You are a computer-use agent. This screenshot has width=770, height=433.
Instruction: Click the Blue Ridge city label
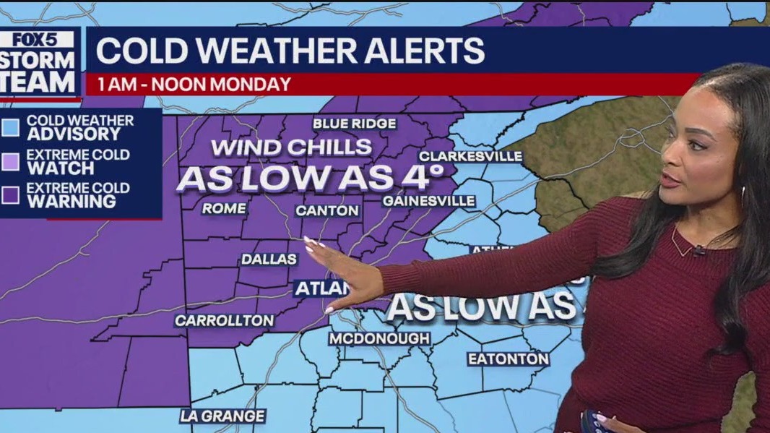click(354, 124)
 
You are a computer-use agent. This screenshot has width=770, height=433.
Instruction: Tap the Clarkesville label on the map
click(470, 156)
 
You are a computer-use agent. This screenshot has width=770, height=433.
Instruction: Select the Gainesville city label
click(428, 200)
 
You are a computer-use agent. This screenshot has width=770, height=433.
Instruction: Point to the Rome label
click(224, 209)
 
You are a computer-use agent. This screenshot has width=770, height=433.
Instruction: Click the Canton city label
click(327, 210)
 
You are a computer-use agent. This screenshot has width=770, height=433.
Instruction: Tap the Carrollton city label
click(225, 320)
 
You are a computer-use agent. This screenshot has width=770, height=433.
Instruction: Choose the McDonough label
click(379, 338)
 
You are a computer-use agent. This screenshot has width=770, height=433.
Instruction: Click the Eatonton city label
click(508, 359)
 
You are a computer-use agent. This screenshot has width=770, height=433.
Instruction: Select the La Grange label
click(222, 416)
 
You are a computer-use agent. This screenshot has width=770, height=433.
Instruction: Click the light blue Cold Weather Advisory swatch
click(11, 128)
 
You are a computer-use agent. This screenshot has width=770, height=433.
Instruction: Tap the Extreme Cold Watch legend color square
click(11, 162)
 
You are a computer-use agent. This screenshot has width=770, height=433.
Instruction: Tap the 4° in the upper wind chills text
click(421, 176)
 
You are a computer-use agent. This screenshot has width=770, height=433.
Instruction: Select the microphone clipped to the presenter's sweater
click(698, 251)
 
